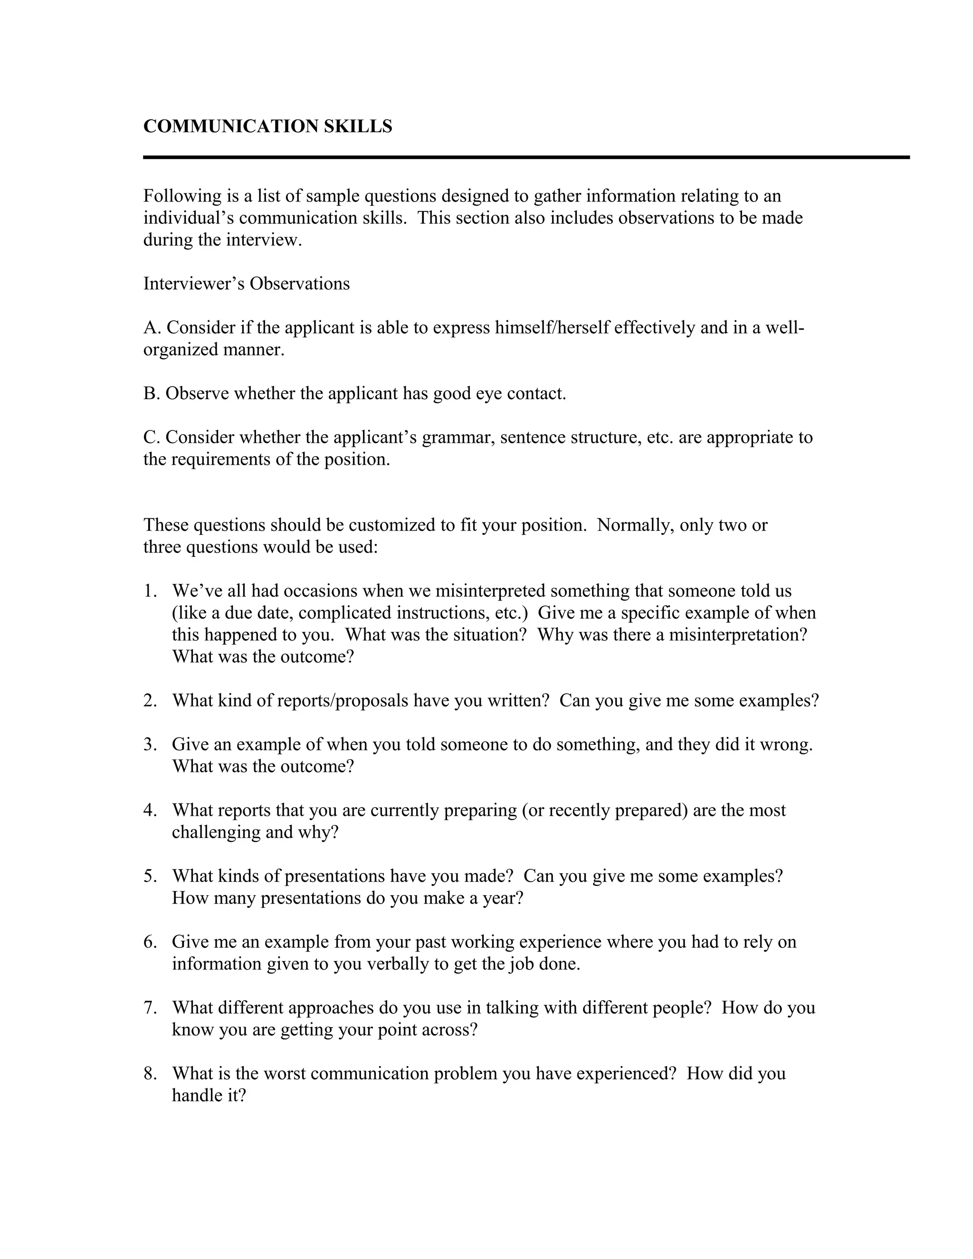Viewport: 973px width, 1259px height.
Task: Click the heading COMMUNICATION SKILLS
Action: tap(267, 126)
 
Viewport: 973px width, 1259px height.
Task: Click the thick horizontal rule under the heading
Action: tap(526, 157)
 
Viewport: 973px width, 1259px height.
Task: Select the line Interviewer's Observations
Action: tap(246, 284)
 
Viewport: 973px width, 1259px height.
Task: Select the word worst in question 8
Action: tap(282, 1073)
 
